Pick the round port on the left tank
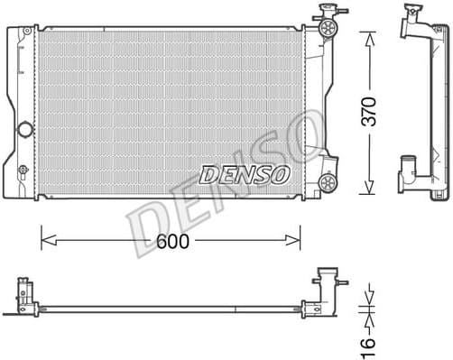point(25,128)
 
